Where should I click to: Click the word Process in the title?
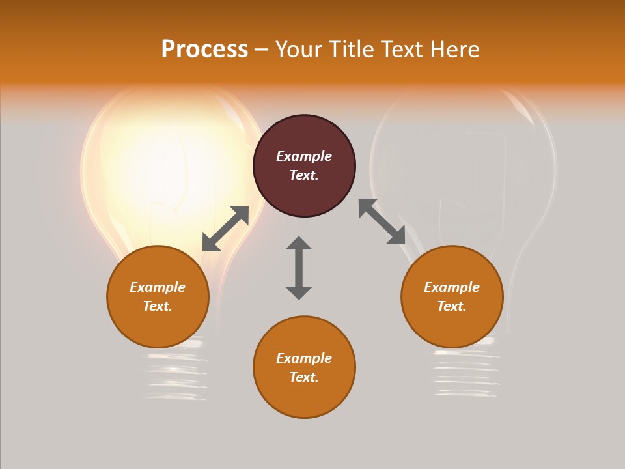click(x=204, y=50)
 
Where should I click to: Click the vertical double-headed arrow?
click(x=299, y=268)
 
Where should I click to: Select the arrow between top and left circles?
click(x=225, y=229)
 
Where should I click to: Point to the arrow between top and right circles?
click(x=382, y=222)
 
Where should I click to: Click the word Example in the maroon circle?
click(x=304, y=156)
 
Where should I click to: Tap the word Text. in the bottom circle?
click(x=304, y=377)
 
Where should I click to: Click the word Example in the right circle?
click(x=452, y=287)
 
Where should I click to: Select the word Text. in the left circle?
click(x=158, y=306)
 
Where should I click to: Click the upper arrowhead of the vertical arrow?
click(x=299, y=244)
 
